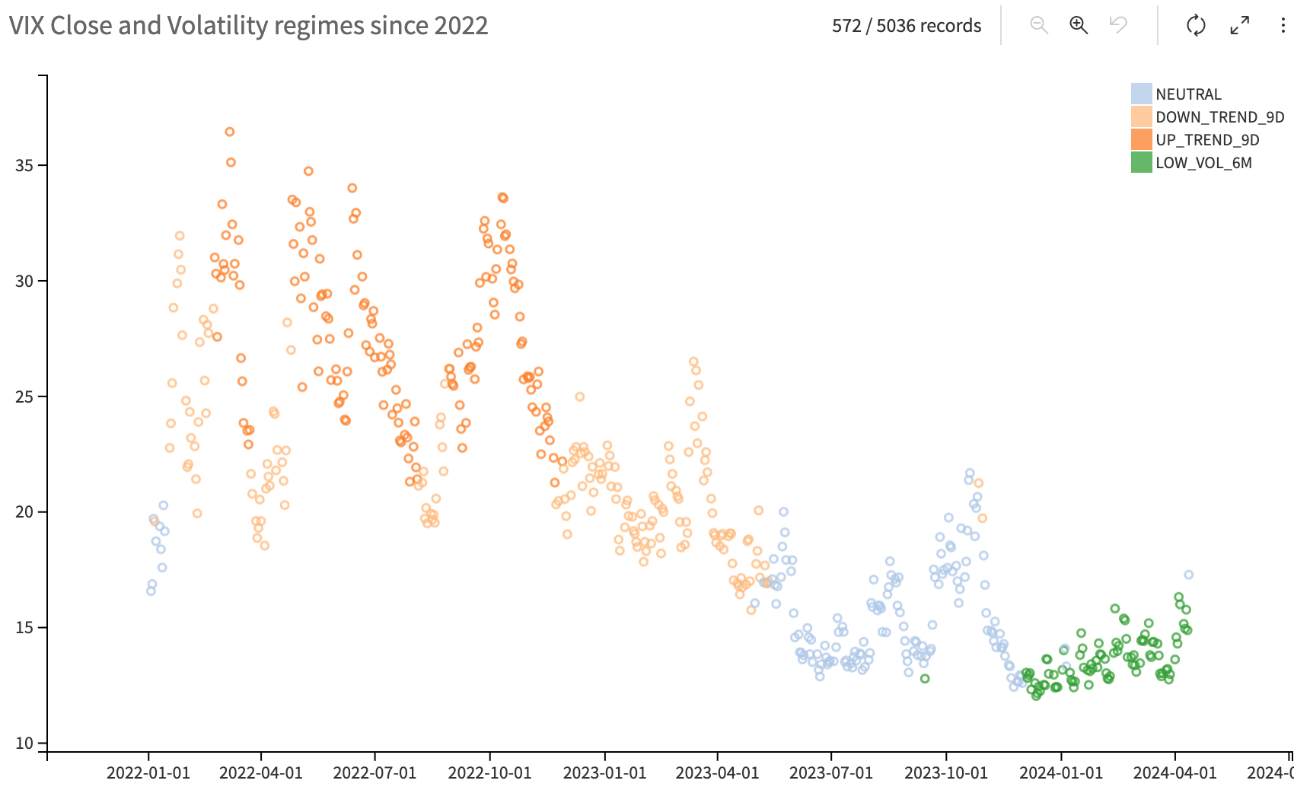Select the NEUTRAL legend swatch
pyautogui.click(x=1141, y=94)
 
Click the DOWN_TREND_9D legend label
pyautogui.click(x=1219, y=117)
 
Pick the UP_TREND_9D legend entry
pyautogui.click(x=1207, y=140)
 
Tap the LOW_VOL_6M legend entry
pyautogui.click(x=1203, y=163)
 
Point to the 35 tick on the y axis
pyautogui.click(x=24, y=165)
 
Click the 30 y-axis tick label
pyautogui.click(x=24, y=281)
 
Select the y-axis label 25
pyautogui.click(x=24, y=397)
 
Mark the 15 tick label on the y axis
pyautogui.click(x=24, y=628)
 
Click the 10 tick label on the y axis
pyautogui.click(x=24, y=744)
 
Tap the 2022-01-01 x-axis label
pyautogui.click(x=148, y=773)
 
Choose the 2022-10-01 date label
pyautogui.click(x=489, y=773)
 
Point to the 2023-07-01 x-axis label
pyautogui.click(x=831, y=773)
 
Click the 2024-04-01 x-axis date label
pyautogui.click(x=1175, y=773)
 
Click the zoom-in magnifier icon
pyautogui.click(x=1079, y=25)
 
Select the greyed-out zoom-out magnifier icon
pyautogui.click(x=1039, y=25)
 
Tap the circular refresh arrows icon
pyautogui.click(x=1196, y=25)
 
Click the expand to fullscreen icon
pyautogui.click(x=1240, y=25)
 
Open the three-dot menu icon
pyautogui.click(x=1283, y=25)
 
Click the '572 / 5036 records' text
pyautogui.click(x=907, y=26)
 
